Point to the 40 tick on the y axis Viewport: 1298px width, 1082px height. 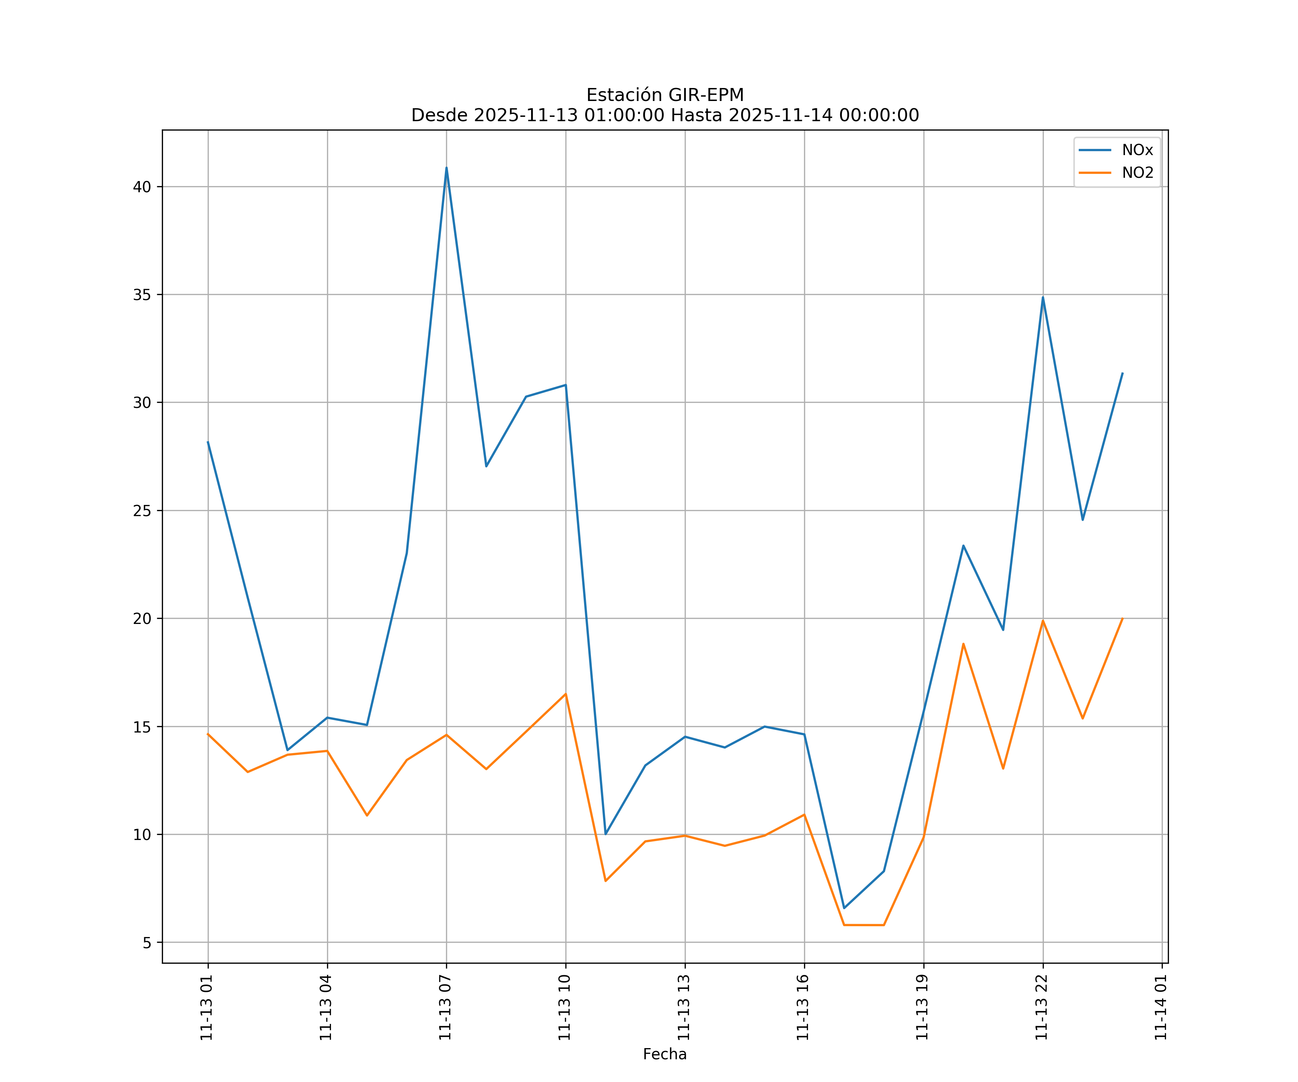coord(142,187)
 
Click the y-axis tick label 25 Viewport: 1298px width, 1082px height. coord(142,511)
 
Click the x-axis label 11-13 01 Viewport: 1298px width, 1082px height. coord(207,1007)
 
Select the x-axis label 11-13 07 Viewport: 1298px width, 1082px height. coord(445,1007)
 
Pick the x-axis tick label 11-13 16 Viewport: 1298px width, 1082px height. coord(803,1007)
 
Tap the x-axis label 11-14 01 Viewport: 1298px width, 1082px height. coord(1161,1007)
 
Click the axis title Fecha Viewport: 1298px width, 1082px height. coord(665,1054)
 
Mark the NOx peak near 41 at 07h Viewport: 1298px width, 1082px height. coord(446,168)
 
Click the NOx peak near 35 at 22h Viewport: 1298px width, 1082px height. coord(1043,298)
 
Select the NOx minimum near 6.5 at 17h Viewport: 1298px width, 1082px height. coord(844,908)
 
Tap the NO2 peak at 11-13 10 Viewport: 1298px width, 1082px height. coord(566,694)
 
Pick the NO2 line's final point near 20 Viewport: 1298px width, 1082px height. coord(1122,618)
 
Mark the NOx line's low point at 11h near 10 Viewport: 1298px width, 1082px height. coord(606,834)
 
